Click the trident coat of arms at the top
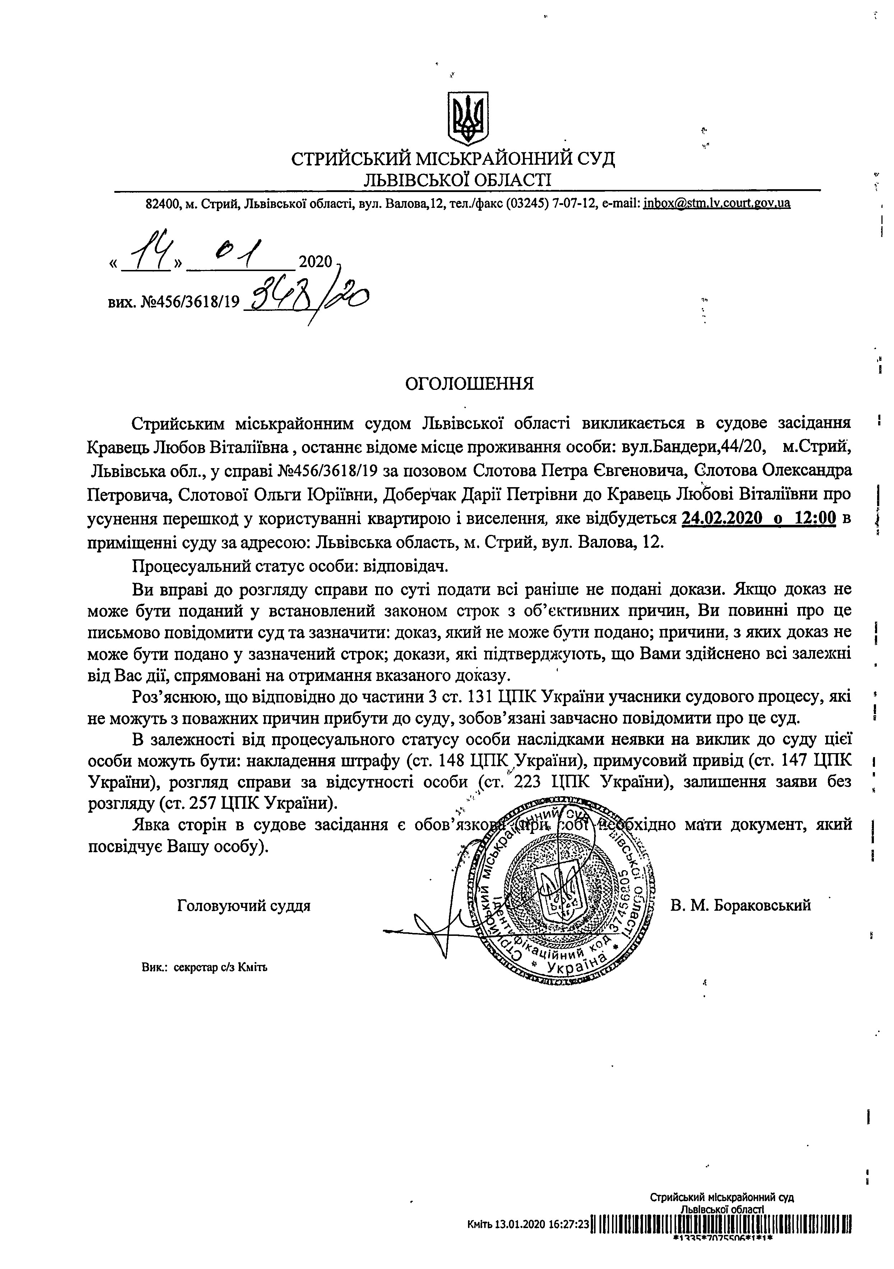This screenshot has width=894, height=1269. (467, 118)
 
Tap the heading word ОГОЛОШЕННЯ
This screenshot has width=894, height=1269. (469, 384)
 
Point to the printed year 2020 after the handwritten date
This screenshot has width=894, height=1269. (315, 261)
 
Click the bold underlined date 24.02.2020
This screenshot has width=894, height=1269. (727, 518)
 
